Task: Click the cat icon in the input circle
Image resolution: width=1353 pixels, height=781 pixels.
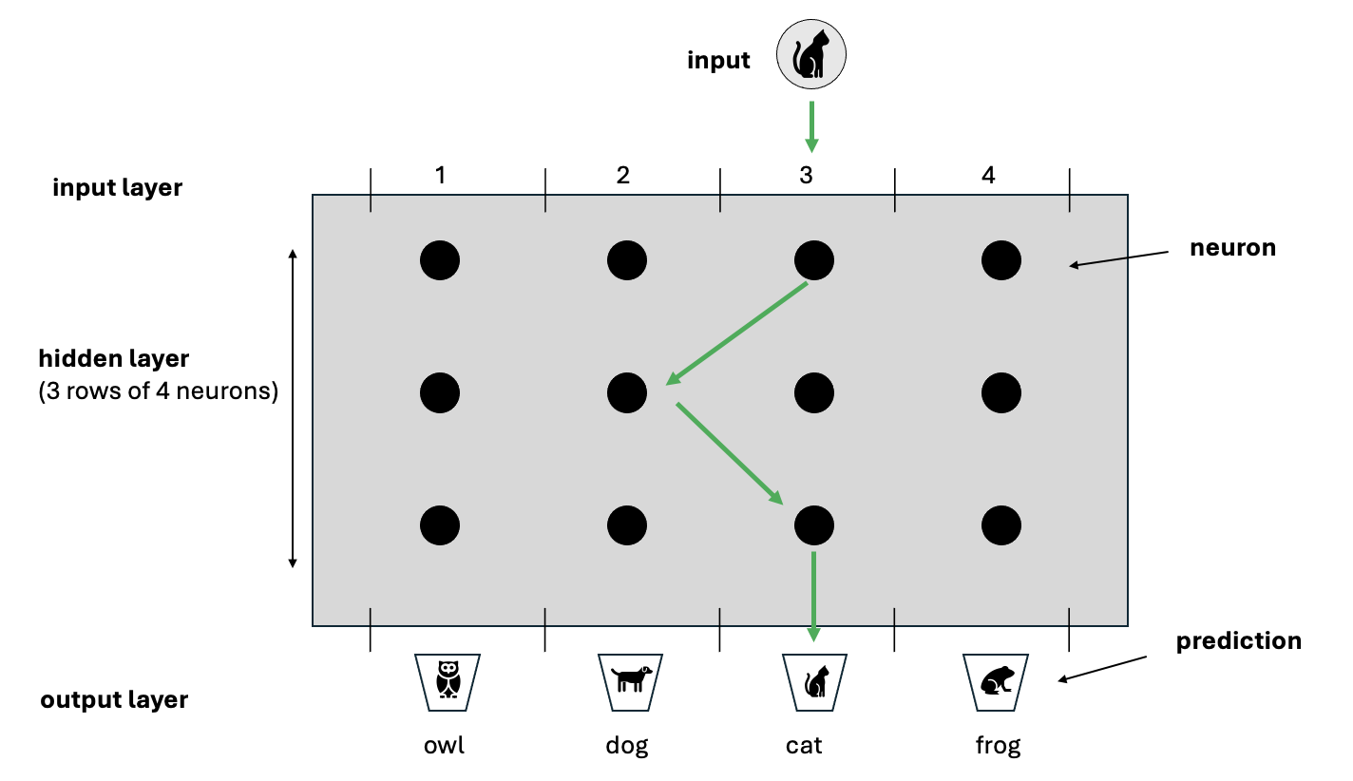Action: [811, 55]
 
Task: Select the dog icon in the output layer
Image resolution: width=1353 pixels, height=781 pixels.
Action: [629, 679]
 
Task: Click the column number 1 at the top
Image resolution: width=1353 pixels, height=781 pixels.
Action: [440, 176]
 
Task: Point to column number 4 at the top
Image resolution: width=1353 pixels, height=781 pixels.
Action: [989, 176]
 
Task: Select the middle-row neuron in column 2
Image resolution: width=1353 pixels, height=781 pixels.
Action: [627, 391]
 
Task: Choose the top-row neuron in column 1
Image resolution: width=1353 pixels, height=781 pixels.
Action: [440, 259]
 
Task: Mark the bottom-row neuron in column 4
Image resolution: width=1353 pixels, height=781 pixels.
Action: [1001, 524]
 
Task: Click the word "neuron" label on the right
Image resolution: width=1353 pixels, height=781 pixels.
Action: [1232, 249]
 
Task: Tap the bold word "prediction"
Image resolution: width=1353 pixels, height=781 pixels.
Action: [1238, 641]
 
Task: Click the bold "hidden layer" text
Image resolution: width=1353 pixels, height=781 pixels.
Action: [114, 359]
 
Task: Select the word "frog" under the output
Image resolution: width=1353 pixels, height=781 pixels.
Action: [998, 745]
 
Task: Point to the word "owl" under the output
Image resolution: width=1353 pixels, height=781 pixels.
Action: [444, 745]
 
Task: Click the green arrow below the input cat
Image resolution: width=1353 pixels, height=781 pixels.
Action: [811, 125]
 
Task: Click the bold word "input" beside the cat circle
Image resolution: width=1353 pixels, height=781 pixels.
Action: [718, 61]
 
